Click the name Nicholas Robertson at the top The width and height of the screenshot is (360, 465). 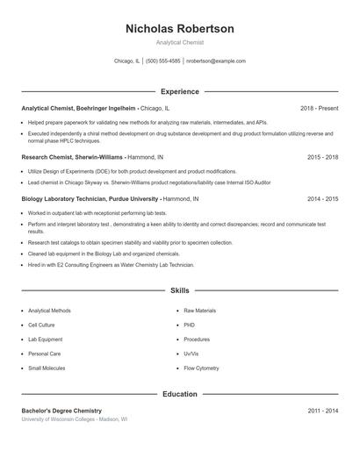pos(180,29)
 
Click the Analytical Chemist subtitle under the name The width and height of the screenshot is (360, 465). pos(180,42)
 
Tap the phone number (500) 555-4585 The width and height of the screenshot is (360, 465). pos(163,61)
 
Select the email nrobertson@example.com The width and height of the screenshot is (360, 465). pos(216,61)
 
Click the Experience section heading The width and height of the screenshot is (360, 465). pos(180,91)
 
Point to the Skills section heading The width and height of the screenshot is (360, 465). pos(180,290)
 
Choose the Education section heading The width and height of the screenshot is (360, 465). pos(180,394)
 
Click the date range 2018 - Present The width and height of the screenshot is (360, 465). pos(319,108)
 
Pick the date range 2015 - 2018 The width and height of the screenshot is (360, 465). pos(323,156)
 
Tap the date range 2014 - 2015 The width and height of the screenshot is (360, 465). pos(323,199)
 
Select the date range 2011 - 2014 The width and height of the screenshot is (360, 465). pos(323,411)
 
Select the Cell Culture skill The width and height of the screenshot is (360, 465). pos(41,325)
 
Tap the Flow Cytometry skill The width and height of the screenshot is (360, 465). pos(201,368)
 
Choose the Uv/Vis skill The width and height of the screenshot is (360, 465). pos(191,354)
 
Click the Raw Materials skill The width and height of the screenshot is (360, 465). pos(199,311)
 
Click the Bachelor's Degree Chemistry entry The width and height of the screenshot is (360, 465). pos(61,411)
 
